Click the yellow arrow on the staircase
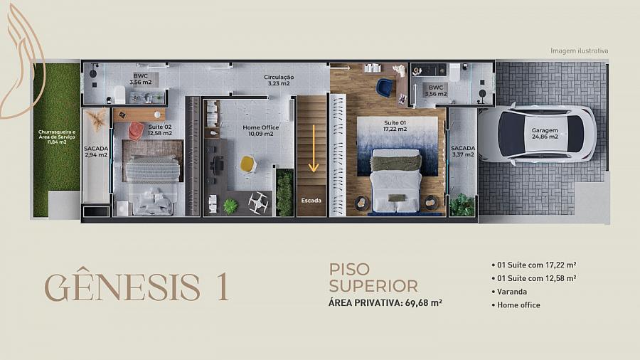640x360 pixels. click(x=314, y=148)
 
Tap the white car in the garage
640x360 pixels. click(x=538, y=134)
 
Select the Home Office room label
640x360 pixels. click(x=261, y=131)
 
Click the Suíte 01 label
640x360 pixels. click(x=395, y=126)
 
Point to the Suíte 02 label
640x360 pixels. click(x=160, y=129)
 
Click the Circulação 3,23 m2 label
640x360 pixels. click(x=279, y=80)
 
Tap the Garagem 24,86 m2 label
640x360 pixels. click(x=545, y=134)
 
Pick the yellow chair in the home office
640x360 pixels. click(x=247, y=164)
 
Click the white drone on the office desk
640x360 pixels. click(x=258, y=203)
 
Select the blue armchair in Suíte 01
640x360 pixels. click(x=384, y=88)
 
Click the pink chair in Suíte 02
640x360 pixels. click(x=136, y=131)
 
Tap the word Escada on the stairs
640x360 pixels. click(x=311, y=201)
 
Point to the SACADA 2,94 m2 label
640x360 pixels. click(x=96, y=152)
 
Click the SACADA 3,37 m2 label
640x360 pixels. click(x=463, y=152)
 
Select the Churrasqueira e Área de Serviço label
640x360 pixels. click(x=57, y=137)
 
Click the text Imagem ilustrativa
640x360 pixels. click(x=579, y=51)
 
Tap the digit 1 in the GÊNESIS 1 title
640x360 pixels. click(x=222, y=287)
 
